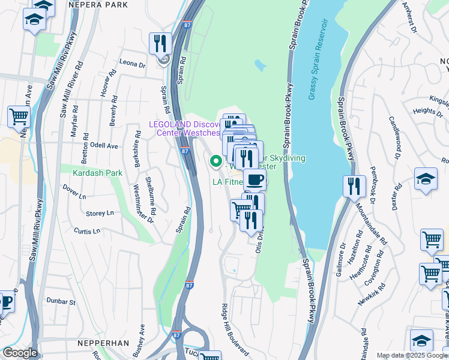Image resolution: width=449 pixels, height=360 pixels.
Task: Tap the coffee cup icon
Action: pos(255,179)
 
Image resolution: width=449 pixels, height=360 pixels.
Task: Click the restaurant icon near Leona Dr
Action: pos(160,44)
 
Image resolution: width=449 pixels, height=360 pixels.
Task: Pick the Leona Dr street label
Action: pos(133,63)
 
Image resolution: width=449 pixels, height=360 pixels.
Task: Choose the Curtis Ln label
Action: pos(87,231)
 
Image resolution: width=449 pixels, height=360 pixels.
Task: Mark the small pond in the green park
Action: pos(259,64)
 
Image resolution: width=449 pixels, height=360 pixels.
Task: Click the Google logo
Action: pos(19,353)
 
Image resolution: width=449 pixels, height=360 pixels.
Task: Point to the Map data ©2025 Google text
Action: pos(412,355)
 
